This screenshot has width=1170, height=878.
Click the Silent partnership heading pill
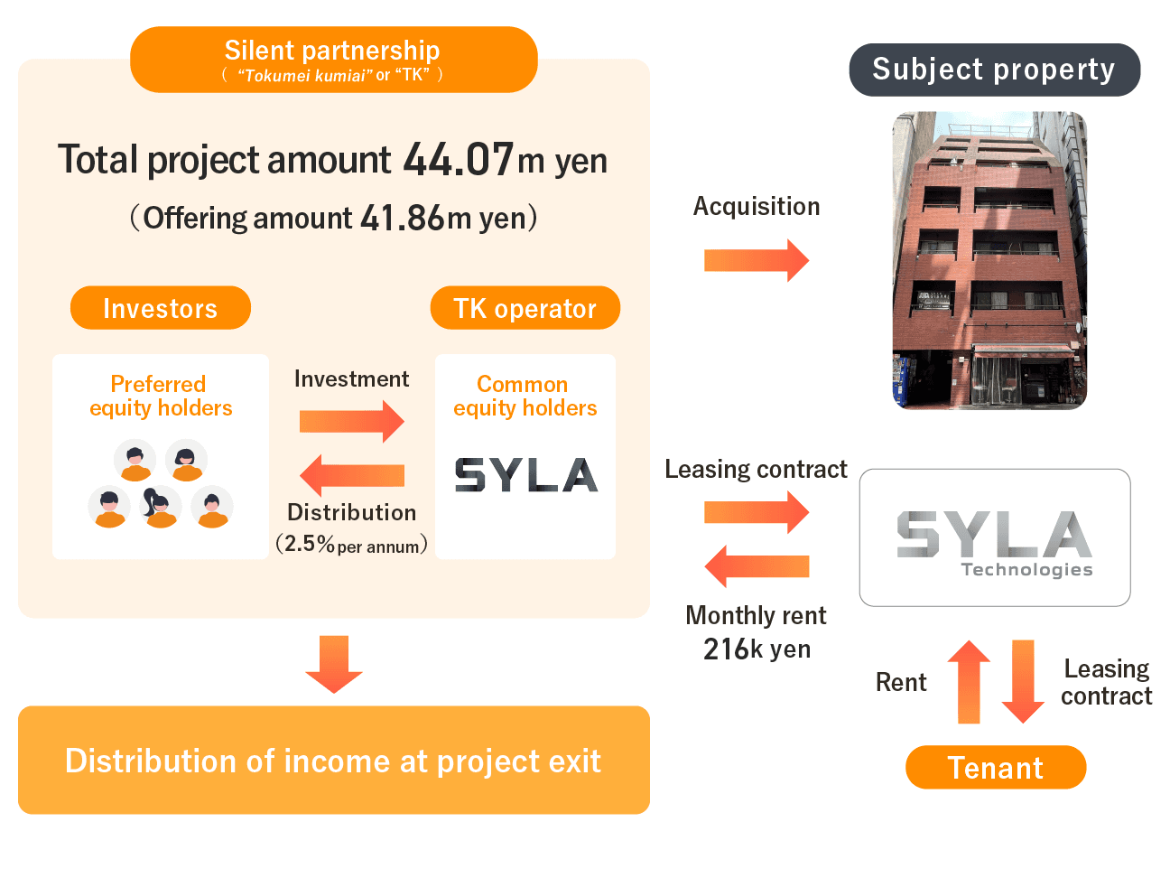[x=333, y=60]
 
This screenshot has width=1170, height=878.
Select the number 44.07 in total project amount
[x=458, y=160]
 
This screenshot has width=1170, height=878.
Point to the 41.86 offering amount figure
[x=402, y=219]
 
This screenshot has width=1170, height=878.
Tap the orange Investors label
[x=160, y=308]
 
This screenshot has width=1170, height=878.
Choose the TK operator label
[x=525, y=308]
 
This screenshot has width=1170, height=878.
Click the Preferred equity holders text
[x=161, y=396]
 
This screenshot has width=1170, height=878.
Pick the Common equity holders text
[x=525, y=396]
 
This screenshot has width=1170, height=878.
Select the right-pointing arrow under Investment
[x=351, y=421]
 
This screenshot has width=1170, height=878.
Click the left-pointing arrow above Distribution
[x=351, y=475]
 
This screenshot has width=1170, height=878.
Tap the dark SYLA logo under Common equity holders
[x=525, y=475]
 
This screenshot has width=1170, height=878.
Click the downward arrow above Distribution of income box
[x=334, y=664]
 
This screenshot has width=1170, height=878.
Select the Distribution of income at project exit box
[x=334, y=761]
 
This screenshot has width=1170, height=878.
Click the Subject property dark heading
[x=994, y=70]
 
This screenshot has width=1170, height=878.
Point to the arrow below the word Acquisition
[x=757, y=260]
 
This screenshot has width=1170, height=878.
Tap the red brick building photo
[x=989, y=260]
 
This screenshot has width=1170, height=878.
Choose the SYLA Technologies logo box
[x=995, y=537]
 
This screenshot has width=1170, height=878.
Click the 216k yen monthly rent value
[x=757, y=649]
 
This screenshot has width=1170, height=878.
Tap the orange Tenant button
[x=996, y=768]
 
